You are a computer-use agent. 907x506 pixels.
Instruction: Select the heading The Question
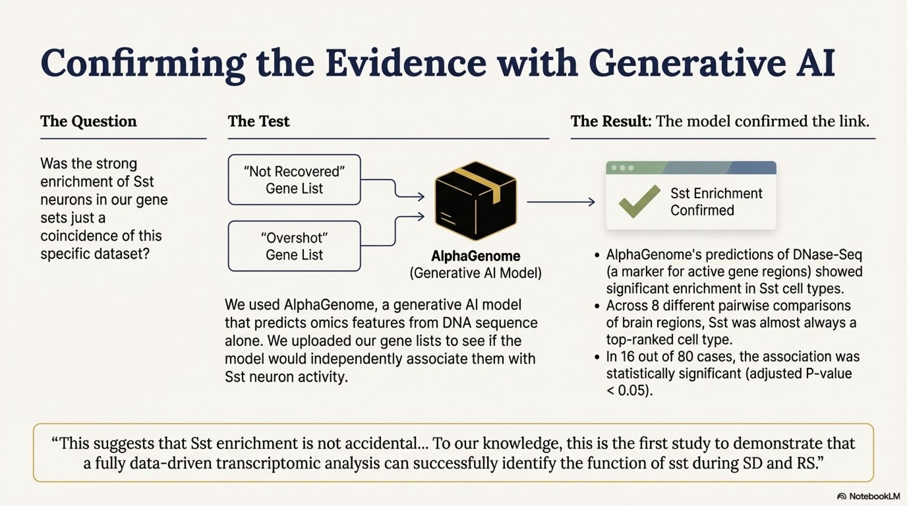[88, 121]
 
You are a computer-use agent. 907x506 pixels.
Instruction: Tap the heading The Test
[258, 121]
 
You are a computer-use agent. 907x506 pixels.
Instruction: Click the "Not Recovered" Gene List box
[294, 180]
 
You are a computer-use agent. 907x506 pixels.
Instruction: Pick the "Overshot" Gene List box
[294, 246]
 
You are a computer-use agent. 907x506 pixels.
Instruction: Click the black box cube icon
[475, 201]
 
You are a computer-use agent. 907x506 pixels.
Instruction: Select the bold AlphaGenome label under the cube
[475, 256]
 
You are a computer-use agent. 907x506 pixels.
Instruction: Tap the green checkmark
[639, 201]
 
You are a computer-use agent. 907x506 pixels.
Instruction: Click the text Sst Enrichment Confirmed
[716, 202]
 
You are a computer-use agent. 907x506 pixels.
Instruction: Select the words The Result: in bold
[611, 121]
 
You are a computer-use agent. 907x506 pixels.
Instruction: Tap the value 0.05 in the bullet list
[633, 391]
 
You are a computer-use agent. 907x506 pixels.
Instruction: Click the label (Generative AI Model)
[475, 273]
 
